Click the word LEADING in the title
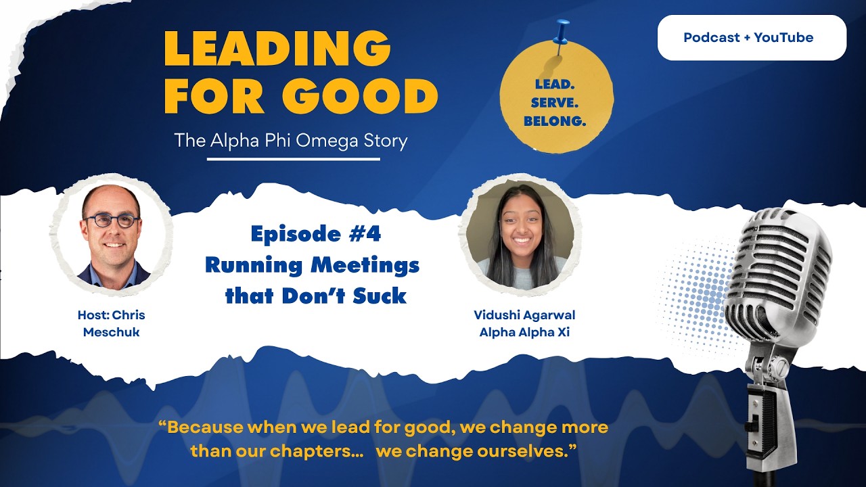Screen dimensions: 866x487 tap(277, 49)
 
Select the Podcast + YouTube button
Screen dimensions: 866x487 tap(752, 37)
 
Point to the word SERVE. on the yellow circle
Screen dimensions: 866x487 tap(555, 103)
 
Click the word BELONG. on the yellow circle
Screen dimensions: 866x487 tap(555, 121)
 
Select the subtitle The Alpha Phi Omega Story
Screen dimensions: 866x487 tap(291, 141)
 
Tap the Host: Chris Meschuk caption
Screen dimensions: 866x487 tap(112, 323)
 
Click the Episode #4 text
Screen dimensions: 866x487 tap(316, 234)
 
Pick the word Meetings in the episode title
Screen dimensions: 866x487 tap(365, 266)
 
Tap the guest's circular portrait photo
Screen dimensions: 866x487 tap(520, 235)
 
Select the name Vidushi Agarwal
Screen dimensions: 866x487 tap(524, 315)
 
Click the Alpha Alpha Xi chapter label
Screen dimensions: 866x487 tap(524, 332)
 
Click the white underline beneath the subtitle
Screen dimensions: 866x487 tap(294, 159)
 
